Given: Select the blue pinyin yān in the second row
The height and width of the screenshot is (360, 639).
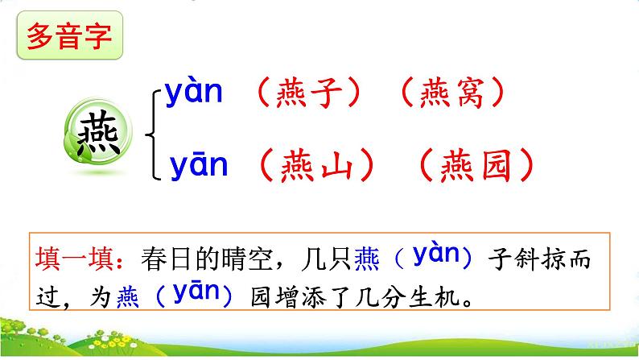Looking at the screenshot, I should point(199,165).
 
